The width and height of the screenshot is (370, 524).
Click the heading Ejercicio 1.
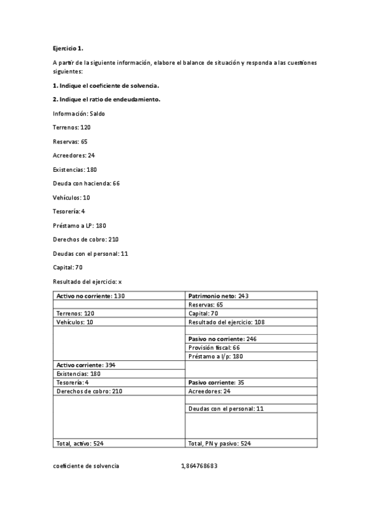pos(67,48)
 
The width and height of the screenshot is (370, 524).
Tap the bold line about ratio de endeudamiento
pos(107,99)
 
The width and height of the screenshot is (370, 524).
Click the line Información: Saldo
pos(79,114)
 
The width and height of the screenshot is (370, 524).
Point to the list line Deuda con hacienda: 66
pos(86,184)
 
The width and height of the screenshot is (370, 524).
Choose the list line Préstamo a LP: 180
pos(80,226)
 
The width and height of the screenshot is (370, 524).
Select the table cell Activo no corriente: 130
pos(91,296)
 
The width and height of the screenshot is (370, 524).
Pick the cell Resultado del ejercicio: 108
pos(227,322)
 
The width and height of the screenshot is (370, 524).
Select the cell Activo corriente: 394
pos(86,365)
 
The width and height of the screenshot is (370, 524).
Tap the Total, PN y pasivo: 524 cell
pos(219,443)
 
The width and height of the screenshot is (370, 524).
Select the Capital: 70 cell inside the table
pos(203,313)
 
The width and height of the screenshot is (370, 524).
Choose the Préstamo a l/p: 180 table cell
pos(216,357)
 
